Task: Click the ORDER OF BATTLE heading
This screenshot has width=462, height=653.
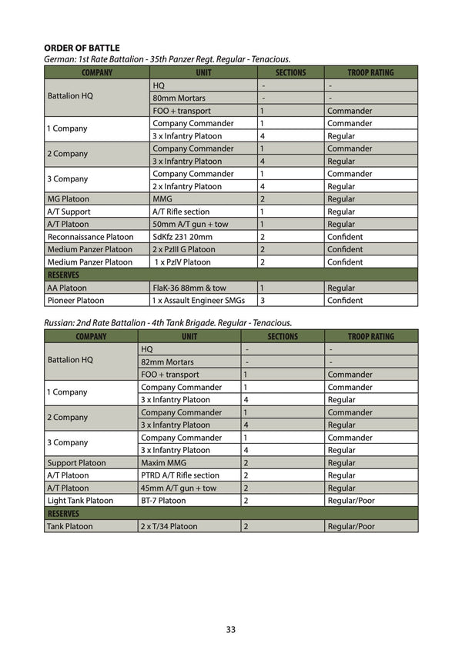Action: tap(82, 48)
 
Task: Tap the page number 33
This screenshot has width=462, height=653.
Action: tap(231, 629)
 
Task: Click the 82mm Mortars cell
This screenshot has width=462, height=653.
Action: tap(167, 361)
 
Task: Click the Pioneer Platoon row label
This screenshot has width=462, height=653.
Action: tap(75, 300)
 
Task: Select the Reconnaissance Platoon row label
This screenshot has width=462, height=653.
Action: tap(90, 237)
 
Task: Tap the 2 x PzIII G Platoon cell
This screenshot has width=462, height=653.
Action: tap(184, 249)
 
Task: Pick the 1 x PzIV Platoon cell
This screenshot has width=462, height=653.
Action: tap(183, 262)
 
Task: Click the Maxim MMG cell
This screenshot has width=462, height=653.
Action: tap(162, 463)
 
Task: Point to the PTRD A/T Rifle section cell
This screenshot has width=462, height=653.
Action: tap(179, 475)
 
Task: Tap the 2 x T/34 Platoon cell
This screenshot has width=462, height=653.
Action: tap(169, 527)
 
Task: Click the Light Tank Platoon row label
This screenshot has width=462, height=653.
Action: tap(80, 501)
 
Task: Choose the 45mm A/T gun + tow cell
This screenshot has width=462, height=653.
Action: tap(179, 488)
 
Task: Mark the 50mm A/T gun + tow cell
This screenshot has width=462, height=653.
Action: tap(189, 224)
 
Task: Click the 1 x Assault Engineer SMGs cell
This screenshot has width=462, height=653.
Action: tap(200, 300)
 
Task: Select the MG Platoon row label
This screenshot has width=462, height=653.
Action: tap(69, 198)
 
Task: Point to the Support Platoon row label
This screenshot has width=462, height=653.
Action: tap(76, 463)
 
